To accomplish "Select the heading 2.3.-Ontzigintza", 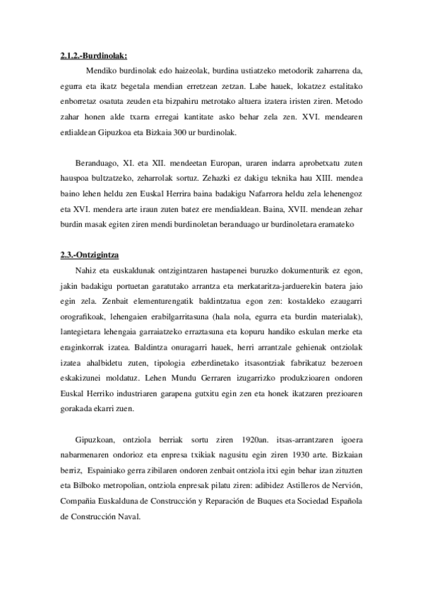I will pos(90,255).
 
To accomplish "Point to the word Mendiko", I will pos(101,71).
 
